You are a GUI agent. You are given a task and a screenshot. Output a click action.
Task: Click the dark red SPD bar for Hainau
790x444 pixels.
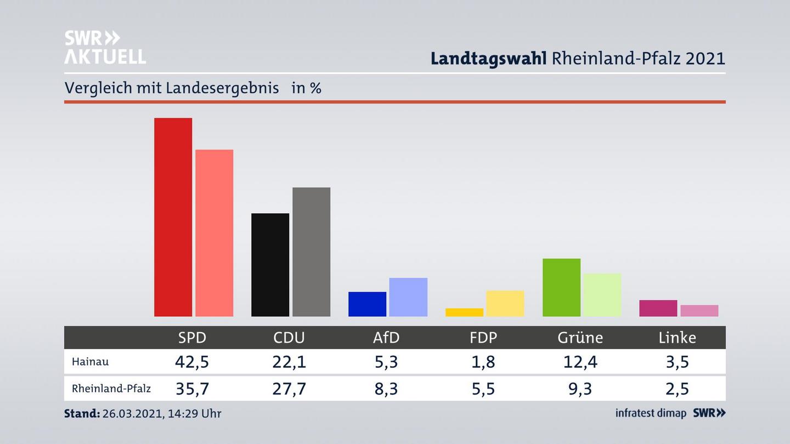(x=173, y=217)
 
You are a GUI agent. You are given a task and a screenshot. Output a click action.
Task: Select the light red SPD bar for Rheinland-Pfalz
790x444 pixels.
(x=214, y=233)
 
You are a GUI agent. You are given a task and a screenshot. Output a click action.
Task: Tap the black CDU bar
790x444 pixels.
(x=270, y=265)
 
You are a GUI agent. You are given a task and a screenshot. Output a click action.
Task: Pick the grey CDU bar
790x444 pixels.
(x=311, y=252)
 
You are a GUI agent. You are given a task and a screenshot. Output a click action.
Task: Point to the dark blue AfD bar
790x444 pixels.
(x=367, y=304)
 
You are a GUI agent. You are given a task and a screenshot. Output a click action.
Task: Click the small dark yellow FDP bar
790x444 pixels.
(x=464, y=312)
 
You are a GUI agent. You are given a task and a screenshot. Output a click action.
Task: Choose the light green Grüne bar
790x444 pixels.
(x=602, y=295)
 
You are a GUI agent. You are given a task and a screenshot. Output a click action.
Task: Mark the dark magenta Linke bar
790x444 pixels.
(x=658, y=308)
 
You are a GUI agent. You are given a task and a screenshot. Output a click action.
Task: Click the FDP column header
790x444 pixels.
(x=483, y=338)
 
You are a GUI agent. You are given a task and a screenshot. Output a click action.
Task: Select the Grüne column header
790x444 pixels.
(x=580, y=338)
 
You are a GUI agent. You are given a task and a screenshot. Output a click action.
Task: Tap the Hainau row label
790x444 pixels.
(x=90, y=362)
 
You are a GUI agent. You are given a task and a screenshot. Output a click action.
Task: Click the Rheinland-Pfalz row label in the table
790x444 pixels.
(x=111, y=389)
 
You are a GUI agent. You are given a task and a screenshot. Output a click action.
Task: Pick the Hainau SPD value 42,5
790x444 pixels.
(x=192, y=362)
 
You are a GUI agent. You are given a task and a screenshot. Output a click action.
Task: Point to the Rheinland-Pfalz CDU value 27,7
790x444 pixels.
(x=289, y=389)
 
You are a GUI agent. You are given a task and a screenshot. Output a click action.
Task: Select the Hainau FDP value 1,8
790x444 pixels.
(x=483, y=362)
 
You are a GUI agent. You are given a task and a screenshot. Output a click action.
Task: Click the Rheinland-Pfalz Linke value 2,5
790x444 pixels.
(x=677, y=389)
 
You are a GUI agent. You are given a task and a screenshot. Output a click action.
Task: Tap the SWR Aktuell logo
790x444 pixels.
(x=105, y=47)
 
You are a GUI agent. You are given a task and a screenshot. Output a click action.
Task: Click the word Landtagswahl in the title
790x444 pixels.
(x=488, y=58)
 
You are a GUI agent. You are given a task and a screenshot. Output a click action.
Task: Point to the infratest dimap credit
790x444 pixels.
(x=651, y=413)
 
